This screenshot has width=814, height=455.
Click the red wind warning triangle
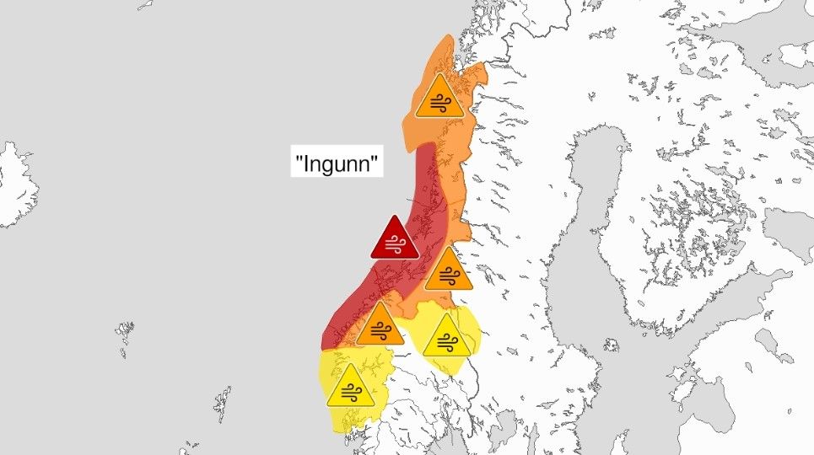coord(395,241)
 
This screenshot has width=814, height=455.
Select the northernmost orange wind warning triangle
coord(439,99)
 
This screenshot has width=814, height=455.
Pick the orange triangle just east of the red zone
coord(448,271)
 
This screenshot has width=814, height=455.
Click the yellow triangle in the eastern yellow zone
coord(445,338)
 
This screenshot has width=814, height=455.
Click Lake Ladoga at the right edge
coord(797,227)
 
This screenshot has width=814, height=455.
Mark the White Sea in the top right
coord(759,34)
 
